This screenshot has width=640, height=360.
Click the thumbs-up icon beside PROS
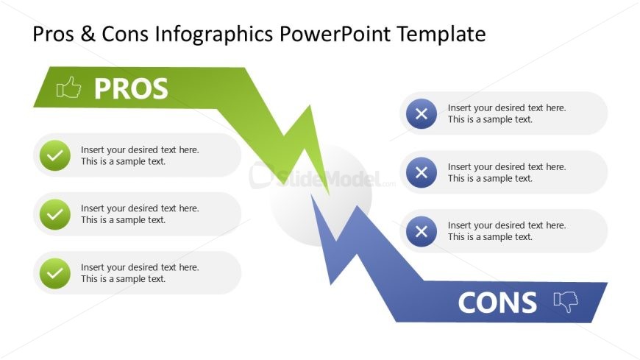coord(68,88)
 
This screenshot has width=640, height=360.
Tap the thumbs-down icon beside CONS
coord(566,302)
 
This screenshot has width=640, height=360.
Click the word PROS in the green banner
coord(131,88)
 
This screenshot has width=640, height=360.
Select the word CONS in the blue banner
coord(497,303)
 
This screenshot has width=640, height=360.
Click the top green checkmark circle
coord(55,155)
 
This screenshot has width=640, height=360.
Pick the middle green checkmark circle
coord(55,214)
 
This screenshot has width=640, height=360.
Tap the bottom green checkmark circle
coord(55,273)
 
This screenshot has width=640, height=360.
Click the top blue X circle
coord(422,113)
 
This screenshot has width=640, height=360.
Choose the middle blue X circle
coord(422,172)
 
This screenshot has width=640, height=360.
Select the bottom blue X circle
coord(422,231)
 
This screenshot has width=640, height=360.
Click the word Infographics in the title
coord(214,35)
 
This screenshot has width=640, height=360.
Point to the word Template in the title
coord(441,35)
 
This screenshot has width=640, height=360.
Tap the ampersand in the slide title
coord(88,34)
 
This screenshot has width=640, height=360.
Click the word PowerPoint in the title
coord(335,34)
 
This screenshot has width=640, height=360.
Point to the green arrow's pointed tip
coord(329,194)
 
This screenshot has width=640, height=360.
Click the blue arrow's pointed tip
coord(311,195)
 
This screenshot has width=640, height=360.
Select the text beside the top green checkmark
coord(140,155)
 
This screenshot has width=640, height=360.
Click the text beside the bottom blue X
coord(507,231)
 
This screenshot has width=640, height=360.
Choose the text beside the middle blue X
coord(507,172)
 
